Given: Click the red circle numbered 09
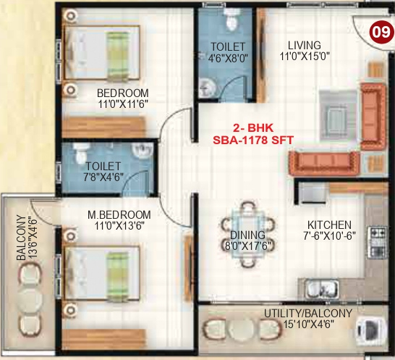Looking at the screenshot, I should (x=378, y=32).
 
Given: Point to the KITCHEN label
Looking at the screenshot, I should (x=328, y=225).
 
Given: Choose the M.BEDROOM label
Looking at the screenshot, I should (x=119, y=215).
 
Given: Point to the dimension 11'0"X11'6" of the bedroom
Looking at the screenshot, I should (x=123, y=104).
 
